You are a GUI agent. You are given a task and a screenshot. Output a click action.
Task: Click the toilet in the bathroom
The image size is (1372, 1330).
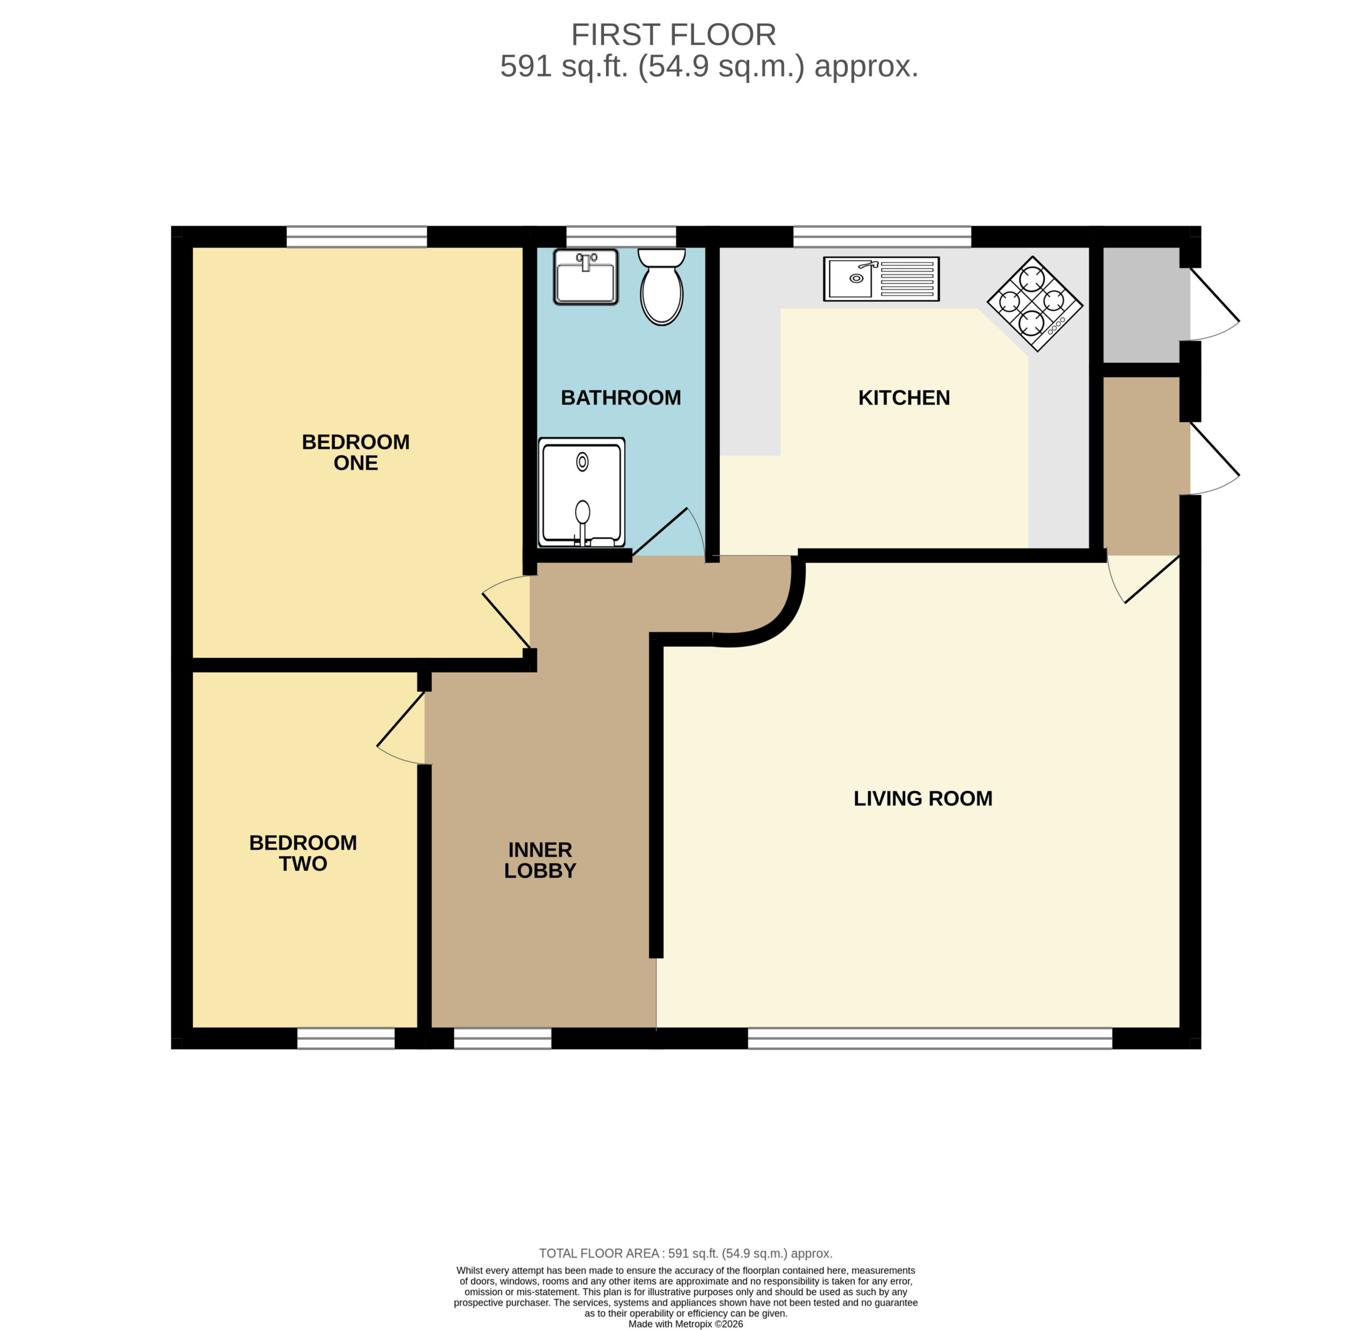click(661, 287)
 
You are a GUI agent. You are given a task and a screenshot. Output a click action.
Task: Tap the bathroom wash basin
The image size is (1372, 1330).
click(586, 277)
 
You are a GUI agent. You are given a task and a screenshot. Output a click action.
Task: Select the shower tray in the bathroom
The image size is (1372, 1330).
click(581, 493)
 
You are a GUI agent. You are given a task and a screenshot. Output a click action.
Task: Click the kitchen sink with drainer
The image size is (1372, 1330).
click(881, 279)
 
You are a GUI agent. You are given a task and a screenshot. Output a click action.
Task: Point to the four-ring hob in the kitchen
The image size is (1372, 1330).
click(1034, 304)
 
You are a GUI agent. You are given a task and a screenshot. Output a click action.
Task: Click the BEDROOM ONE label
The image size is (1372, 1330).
click(356, 452)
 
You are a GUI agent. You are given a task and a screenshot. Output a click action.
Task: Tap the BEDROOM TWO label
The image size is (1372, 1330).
click(303, 853)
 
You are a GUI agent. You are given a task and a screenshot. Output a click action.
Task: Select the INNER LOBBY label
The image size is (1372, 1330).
click(540, 860)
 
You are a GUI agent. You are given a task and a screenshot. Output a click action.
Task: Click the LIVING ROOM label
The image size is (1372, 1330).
click(923, 799)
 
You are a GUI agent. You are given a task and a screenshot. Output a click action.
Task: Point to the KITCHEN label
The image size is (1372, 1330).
click(905, 398)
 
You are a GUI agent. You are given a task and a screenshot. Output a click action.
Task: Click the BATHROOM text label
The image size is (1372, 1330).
click(621, 398)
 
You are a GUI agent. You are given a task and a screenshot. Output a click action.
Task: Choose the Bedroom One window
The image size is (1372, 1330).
click(357, 237)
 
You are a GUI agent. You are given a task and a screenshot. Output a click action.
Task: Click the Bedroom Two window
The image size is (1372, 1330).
click(346, 1038)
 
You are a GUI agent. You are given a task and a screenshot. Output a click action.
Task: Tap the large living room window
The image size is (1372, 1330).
click(930, 1038)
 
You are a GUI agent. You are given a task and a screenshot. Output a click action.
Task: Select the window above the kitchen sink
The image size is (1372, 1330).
click(882, 237)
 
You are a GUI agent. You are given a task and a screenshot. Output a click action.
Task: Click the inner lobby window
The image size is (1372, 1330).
click(503, 1038)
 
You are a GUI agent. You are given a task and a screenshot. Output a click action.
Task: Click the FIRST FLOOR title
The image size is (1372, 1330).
click(673, 34)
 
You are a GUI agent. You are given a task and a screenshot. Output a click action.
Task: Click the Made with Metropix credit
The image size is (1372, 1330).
click(686, 1324)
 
